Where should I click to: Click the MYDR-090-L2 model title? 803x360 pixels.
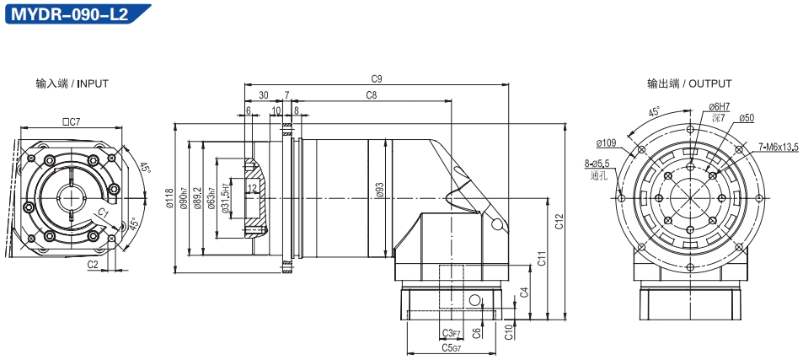click(x=69, y=13)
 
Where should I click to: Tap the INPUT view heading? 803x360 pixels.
click(x=72, y=83)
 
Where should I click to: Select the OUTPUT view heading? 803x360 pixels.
click(x=689, y=83)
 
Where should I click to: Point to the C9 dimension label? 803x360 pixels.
click(x=377, y=79)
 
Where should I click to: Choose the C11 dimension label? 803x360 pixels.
click(x=542, y=259)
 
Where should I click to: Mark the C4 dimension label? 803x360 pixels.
click(x=524, y=293)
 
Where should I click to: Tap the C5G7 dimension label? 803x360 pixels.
click(x=451, y=347)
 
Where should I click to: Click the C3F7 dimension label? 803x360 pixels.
click(x=451, y=333)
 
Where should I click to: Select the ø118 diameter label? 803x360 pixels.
click(x=170, y=198)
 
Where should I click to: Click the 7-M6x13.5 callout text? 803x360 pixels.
click(x=779, y=148)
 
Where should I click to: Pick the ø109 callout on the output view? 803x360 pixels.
click(x=607, y=142)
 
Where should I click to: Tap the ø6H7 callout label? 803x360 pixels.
click(x=719, y=107)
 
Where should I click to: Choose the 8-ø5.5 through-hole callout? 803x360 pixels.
click(x=596, y=164)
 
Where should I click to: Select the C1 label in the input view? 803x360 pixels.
click(x=103, y=212)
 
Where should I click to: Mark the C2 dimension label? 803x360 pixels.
click(x=93, y=264)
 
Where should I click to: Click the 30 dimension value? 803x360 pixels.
click(x=264, y=95)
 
